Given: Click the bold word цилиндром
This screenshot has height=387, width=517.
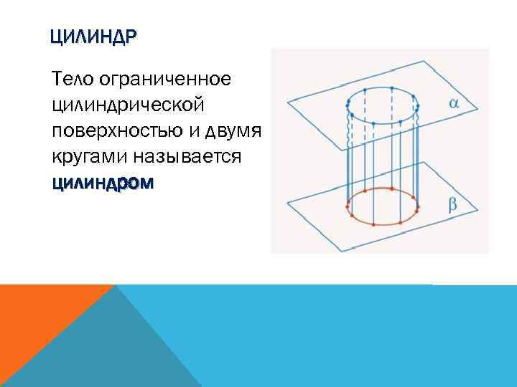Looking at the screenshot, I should pyautogui.click(x=102, y=183).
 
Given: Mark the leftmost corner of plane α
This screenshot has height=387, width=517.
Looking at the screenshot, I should pyautogui.click(x=287, y=100).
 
